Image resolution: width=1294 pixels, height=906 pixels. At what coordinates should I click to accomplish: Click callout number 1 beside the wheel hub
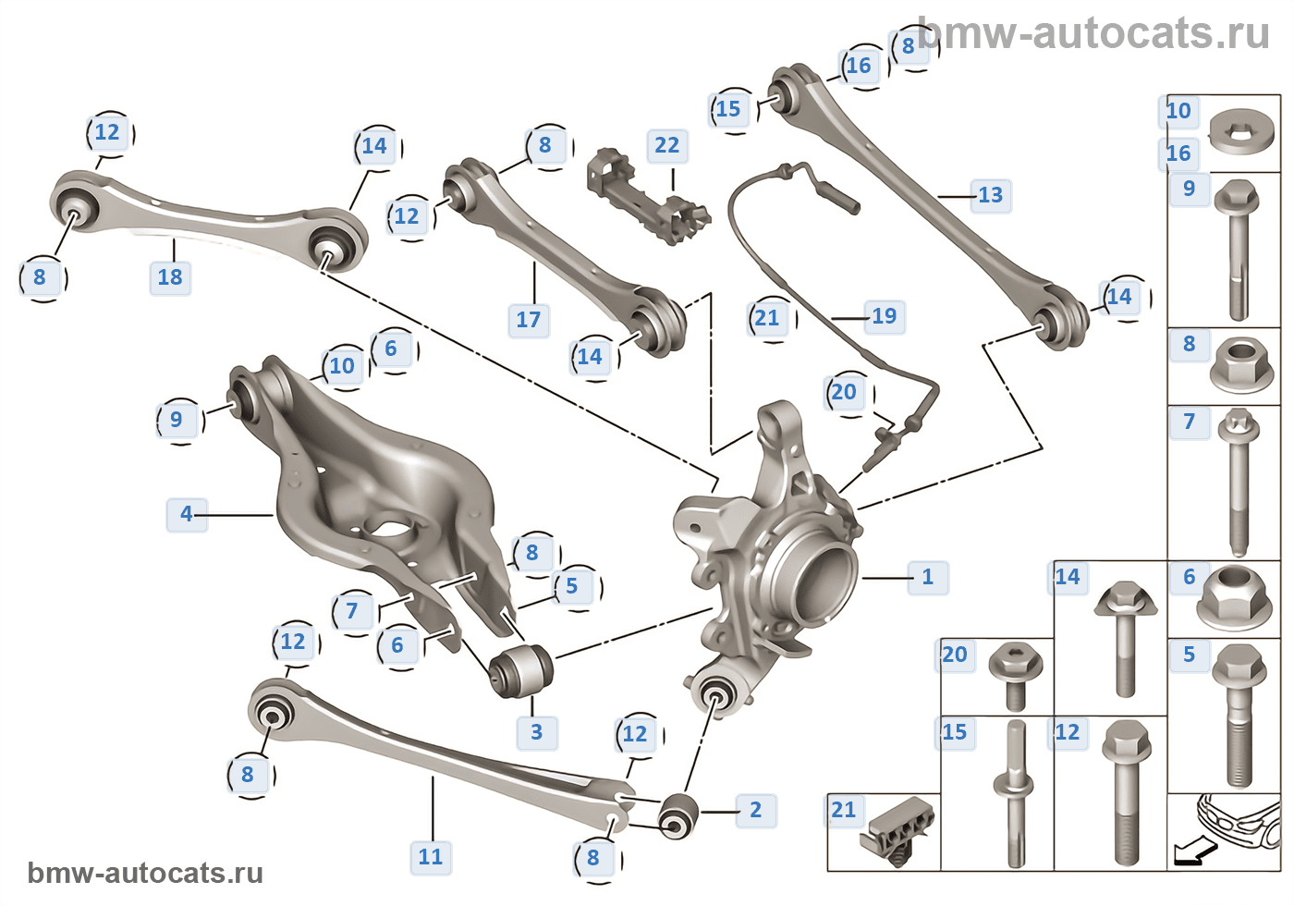pos(927,578)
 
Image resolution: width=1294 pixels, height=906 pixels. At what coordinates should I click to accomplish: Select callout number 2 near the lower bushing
pos(755,810)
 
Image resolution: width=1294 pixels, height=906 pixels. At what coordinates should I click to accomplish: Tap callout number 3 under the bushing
pos(536,732)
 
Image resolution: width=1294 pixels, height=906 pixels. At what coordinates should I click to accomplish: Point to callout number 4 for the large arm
pos(187,514)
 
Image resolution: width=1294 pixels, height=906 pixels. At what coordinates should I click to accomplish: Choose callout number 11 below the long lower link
pos(431,857)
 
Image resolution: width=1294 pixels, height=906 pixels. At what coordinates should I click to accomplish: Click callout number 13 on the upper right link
pos(990,195)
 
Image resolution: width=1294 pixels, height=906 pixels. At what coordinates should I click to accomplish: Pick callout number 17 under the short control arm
pos(529,320)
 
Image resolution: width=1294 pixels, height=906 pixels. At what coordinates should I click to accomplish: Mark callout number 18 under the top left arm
pos(170,276)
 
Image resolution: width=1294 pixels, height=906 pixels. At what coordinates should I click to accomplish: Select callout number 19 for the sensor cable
pos(885,316)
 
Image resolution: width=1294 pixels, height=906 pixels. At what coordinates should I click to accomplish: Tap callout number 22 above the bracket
pos(666,145)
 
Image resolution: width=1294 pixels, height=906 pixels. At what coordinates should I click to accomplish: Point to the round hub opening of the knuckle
pos(818,579)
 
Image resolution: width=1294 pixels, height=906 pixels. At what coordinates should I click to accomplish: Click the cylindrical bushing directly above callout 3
pos(520,670)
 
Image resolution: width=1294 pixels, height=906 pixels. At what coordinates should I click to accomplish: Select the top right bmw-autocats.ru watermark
pos(1094,33)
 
